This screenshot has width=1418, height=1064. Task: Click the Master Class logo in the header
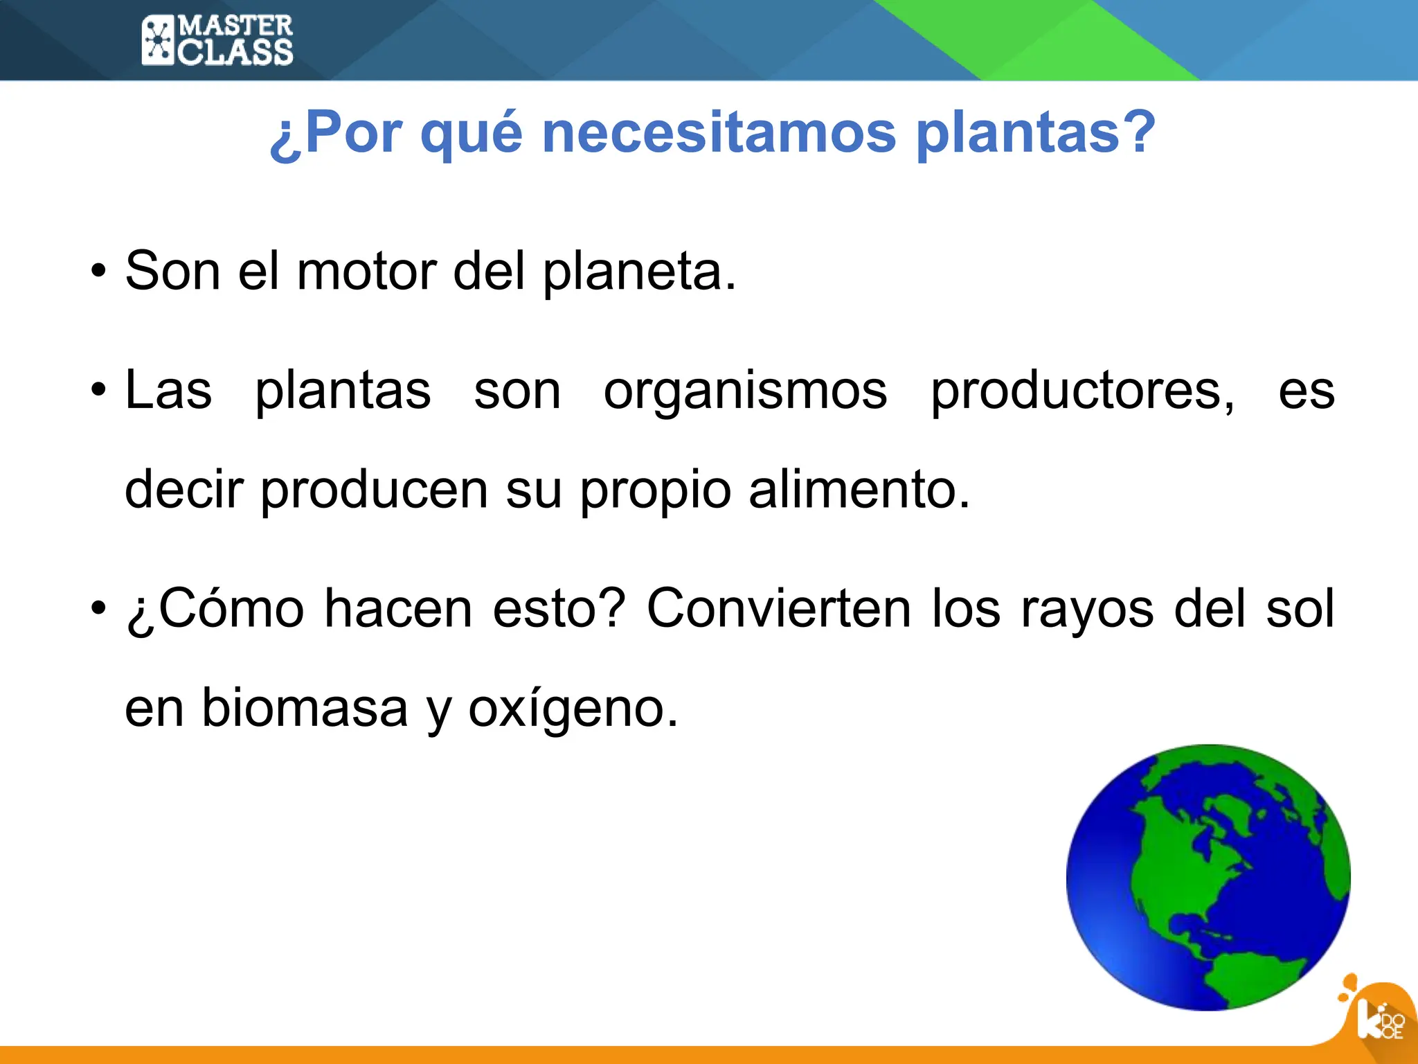(x=217, y=41)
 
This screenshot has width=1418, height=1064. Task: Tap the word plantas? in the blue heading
(x=1036, y=133)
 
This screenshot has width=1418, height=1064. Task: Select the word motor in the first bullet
(x=367, y=271)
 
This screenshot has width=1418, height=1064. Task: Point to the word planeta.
(x=639, y=272)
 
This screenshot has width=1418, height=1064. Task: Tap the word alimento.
(x=859, y=490)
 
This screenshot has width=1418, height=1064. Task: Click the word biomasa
(x=305, y=708)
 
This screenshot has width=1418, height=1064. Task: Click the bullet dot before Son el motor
(x=99, y=272)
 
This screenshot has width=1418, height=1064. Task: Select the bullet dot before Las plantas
(x=99, y=390)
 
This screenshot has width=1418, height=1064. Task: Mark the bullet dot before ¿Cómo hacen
(x=99, y=609)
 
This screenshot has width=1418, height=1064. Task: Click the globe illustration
(x=1208, y=877)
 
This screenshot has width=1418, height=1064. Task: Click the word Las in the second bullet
(x=168, y=391)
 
